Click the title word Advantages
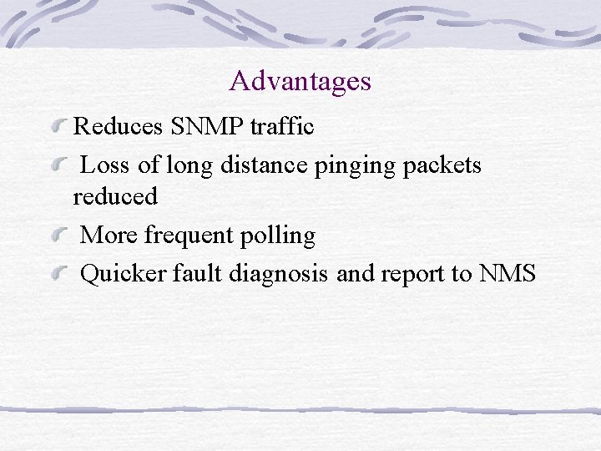300,81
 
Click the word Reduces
119,126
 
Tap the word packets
442,165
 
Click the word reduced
115,197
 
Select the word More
109,236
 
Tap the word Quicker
124,274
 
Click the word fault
196,274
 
